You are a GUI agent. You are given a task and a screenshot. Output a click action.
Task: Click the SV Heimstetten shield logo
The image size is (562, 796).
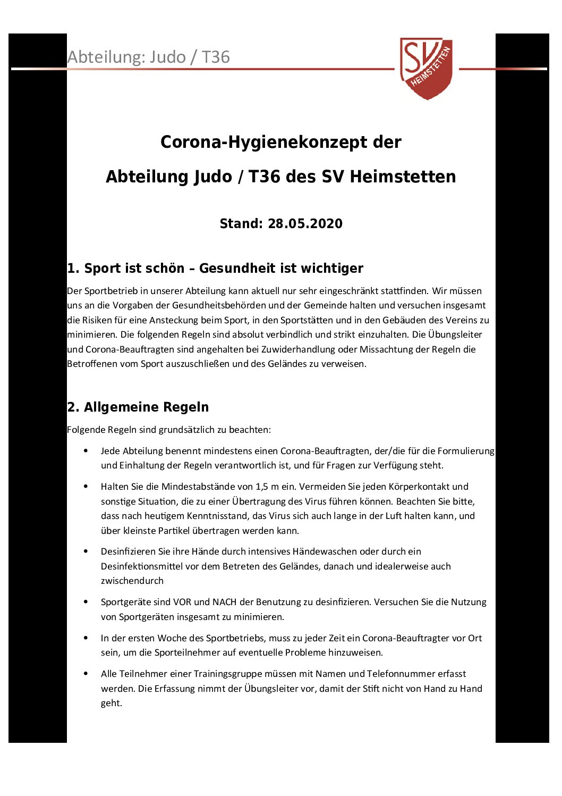(426, 68)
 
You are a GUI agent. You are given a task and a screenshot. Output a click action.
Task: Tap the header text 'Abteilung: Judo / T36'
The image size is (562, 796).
(148, 57)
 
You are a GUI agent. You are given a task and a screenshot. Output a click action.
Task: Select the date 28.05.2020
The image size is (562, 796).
(305, 223)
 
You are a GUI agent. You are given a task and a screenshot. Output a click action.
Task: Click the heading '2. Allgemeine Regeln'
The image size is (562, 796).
(138, 407)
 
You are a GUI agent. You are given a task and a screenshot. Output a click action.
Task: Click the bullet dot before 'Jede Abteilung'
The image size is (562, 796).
(86, 451)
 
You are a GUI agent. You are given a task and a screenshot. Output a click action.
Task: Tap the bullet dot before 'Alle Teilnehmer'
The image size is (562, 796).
(86, 674)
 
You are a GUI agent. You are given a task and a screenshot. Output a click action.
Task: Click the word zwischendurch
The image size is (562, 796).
(132, 581)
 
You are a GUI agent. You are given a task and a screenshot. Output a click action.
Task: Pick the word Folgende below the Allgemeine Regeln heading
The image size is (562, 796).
(86, 430)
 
